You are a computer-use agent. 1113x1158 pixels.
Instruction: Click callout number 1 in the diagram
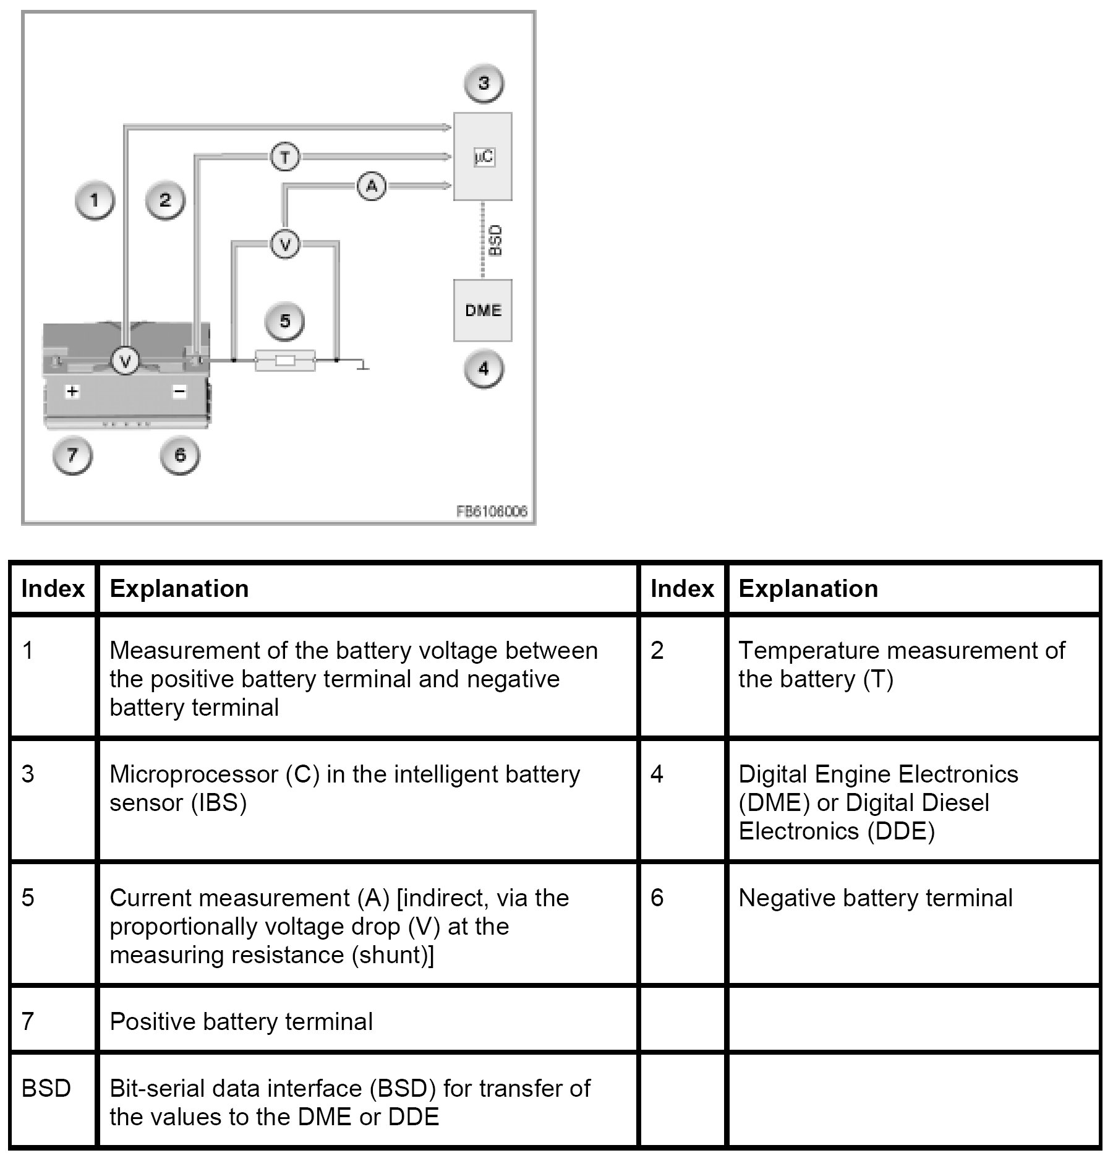pyautogui.click(x=95, y=200)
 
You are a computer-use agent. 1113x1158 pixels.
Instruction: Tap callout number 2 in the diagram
pyautogui.click(x=164, y=200)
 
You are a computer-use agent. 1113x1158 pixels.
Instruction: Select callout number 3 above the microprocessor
pyautogui.click(x=484, y=83)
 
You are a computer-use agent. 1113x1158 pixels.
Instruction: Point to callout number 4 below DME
pyautogui.click(x=484, y=369)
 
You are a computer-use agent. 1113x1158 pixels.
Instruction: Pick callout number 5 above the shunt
pyautogui.click(x=285, y=321)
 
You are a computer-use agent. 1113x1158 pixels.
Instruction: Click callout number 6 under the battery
pyautogui.click(x=180, y=455)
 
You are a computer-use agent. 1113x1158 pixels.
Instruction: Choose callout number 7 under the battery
pyautogui.click(x=72, y=455)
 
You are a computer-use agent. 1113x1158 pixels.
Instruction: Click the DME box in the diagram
pyautogui.click(x=483, y=310)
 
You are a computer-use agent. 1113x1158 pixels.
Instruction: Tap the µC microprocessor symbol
pyautogui.click(x=484, y=157)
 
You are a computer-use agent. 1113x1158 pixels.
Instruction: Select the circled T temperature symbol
pyautogui.click(x=285, y=157)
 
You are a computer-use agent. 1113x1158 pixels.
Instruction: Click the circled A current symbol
pyautogui.click(x=372, y=186)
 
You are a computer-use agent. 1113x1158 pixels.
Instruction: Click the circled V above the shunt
pyautogui.click(x=285, y=244)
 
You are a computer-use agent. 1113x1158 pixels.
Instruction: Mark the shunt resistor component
pyautogui.click(x=285, y=360)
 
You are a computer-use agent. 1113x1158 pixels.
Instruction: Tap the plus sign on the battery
pyautogui.click(x=73, y=391)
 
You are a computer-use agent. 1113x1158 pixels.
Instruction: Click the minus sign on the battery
pyautogui.click(x=179, y=391)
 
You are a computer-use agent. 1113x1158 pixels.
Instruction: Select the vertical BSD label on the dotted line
pyautogui.click(x=495, y=241)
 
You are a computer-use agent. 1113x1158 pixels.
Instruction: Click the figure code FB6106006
pyautogui.click(x=492, y=512)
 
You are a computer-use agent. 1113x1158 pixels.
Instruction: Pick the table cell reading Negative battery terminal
pyautogui.click(x=875, y=898)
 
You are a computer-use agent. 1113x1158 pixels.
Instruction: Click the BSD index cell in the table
pyautogui.click(x=46, y=1088)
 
